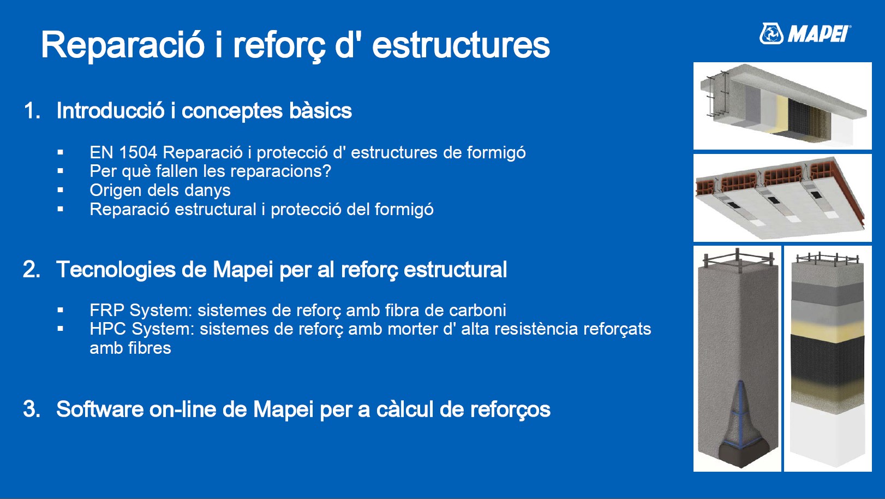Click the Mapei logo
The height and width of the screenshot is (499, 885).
tap(805, 34)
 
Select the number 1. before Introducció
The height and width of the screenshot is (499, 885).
tap(32, 111)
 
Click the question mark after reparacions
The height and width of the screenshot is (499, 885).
tap(327, 171)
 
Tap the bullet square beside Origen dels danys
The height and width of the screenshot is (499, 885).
tap(60, 190)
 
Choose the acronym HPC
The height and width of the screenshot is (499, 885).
tap(108, 329)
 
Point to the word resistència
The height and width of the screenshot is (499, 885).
tap(536, 329)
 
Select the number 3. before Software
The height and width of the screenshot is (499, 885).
tap(32, 409)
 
